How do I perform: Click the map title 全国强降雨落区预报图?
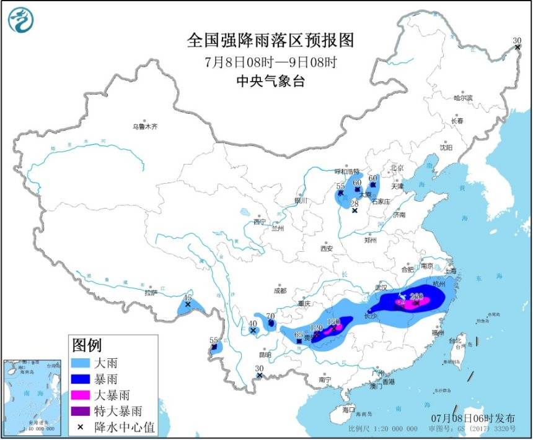(x=270, y=41)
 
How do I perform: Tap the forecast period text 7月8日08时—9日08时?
(x=270, y=62)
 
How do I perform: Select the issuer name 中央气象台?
(x=270, y=81)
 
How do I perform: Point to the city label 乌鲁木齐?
(x=144, y=126)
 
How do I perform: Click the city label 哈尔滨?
(x=462, y=98)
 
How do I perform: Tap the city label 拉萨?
(x=151, y=293)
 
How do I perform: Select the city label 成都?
(x=280, y=290)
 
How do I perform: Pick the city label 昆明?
(x=265, y=355)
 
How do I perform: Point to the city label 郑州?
(x=371, y=239)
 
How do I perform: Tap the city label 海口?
(x=349, y=410)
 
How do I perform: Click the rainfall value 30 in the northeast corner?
(x=517, y=41)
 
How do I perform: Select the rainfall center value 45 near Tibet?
(x=187, y=298)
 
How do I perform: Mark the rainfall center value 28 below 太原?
(x=355, y=204)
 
